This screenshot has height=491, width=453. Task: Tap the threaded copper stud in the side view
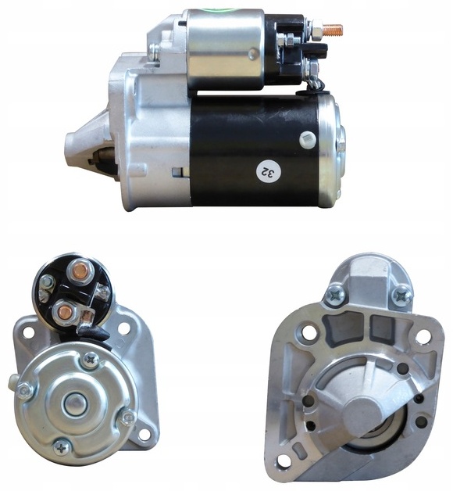click(x=333, y=30)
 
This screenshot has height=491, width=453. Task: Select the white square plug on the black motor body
click(x=308, y=139)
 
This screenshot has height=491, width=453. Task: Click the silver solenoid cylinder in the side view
click(x=225, y=48)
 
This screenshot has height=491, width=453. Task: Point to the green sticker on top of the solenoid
click(x=223, y=10)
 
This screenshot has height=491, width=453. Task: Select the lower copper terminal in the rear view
click(x=65, y=312)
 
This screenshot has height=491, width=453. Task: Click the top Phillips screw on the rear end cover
click(x=91, y=360)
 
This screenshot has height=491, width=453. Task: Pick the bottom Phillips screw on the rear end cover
click(x=62, y=450)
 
